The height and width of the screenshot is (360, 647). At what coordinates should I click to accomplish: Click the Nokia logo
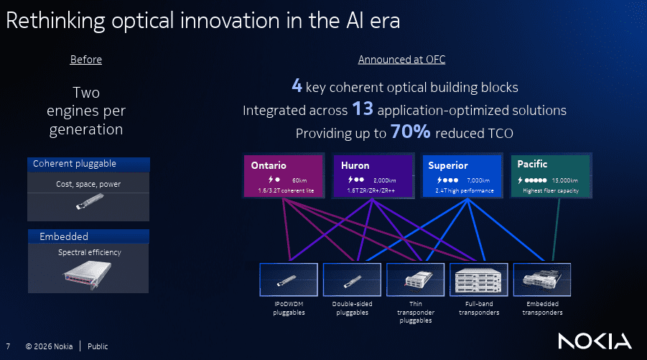click(x=595, y=341)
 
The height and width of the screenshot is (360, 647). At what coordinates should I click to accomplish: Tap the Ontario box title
click(x=269, y=165)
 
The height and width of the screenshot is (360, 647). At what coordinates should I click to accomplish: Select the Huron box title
click(x=355, y=165)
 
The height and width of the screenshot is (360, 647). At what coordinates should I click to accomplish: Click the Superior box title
click(x=448, y=165)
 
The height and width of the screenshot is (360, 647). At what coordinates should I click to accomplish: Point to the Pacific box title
click(x=532, y=164)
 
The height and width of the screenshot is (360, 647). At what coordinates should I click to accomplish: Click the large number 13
click(x=363, y=109)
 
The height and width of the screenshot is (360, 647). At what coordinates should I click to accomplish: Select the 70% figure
click(x=410, y=131)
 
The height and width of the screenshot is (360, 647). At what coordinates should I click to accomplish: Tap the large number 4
click(x=297, y=86)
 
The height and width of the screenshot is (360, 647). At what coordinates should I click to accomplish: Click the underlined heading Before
click(x=86, y=60)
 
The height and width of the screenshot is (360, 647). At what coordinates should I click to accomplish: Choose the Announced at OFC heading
click(x=401, y=60)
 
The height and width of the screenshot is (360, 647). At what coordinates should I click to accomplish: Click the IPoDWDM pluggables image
click(x=289, y=280)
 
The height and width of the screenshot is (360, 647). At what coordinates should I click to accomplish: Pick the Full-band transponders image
click(x=479, y=280)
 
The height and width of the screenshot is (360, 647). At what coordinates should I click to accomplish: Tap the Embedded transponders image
click(x=542, y=280)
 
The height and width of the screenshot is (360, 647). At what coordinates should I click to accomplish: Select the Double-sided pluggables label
click(x=352, y=308)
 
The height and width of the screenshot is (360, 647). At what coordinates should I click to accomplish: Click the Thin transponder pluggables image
click(x=416, y=280)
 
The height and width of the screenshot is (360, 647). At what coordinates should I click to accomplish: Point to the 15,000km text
click(x=565, y=180)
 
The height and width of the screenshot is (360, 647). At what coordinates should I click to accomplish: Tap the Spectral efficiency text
click(x=90, y=252)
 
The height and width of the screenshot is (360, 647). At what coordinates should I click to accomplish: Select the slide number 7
click(x=8, y=346)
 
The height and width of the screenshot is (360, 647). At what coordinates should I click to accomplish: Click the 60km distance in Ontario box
click(x=299, y=180)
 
